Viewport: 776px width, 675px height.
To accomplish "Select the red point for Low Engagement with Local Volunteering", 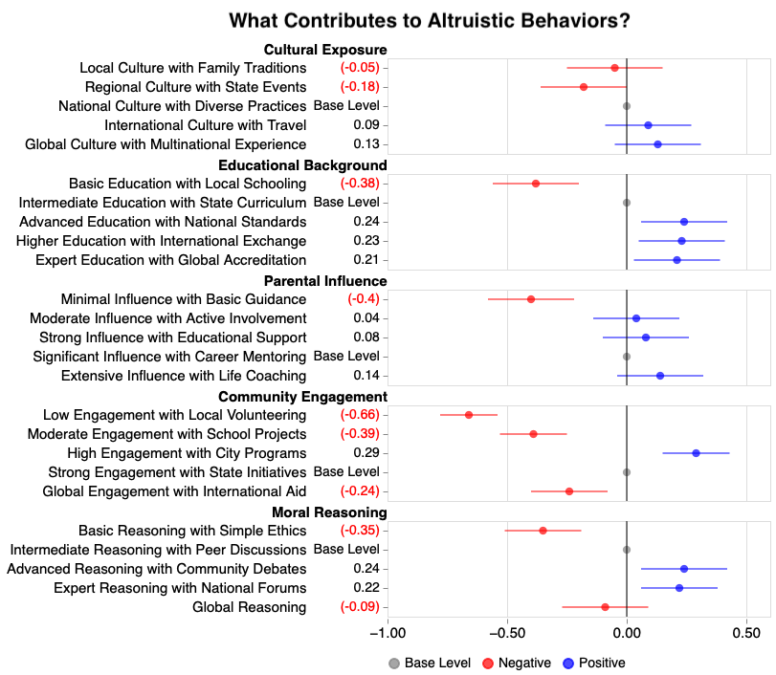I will [x=469, y=415].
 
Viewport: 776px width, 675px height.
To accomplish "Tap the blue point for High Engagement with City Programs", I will [x=696, y=453].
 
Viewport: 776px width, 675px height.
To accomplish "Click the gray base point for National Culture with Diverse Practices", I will [x=627, y=106].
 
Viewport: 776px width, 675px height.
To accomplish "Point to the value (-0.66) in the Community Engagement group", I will [x=360, y=415].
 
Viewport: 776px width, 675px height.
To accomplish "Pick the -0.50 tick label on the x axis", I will [x=507, y=633].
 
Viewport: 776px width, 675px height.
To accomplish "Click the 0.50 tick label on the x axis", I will [x=746, y=633].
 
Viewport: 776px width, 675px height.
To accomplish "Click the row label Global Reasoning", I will [x=249, y=607].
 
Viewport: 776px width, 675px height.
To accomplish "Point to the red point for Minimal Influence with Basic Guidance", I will [x=531, y=299].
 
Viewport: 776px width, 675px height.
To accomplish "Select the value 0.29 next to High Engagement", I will [x=366, y=453].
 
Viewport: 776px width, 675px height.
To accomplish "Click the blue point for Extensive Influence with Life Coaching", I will [x=660, y=376].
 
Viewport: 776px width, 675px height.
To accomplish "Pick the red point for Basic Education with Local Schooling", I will [x=536, y=184].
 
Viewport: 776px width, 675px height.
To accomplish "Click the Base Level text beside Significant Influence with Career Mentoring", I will [x=346, y=357].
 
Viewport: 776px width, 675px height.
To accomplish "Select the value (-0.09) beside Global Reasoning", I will [x=360, y=607].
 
